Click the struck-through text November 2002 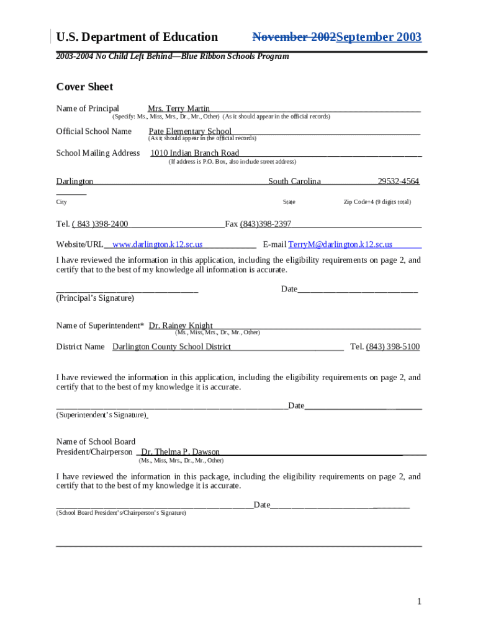click(x=294, y=37)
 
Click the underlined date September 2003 click(x=378, y=37)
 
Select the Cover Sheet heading click(x=84, y=87)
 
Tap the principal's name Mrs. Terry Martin click(x=179, y=109)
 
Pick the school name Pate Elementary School click(x=190, y=131)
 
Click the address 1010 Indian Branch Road click(x=195, y=153)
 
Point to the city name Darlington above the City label click(x=74, y=181)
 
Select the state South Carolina click(x=294, y=181)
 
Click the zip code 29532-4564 click(x=398, y=181)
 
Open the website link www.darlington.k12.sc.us click(x=158, y=245)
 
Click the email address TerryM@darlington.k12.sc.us click(x=340, y=245)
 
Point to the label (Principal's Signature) click(x=95, y=298)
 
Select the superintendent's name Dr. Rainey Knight click(x=181, y=326)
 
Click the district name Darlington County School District click(x=171, y=347)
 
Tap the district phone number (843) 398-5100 click(x=392, y=347)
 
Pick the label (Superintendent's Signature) click(x=101, y=415)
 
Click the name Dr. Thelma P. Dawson click(x=180, y=452)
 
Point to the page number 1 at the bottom click(x=420, y=602)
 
